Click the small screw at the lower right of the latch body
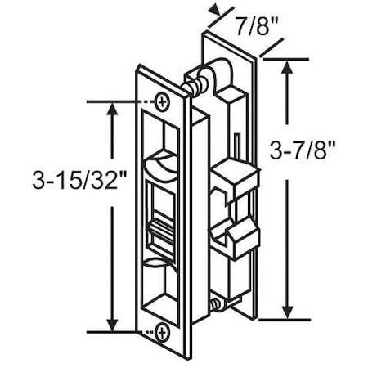point(215,305)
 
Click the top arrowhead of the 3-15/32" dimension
point(110,106)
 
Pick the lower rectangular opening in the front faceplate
point(160,289)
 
